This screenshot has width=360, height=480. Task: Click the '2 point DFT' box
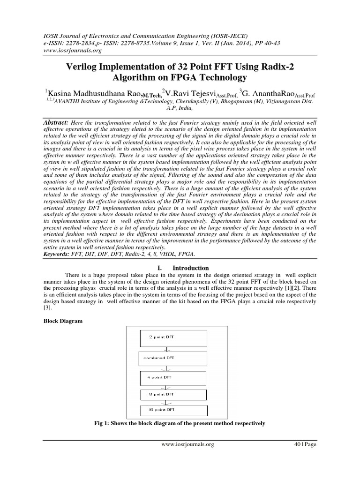click(x=173, y=337)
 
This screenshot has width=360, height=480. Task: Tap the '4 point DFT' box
click(x=173, y=378)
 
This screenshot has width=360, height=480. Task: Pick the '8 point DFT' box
click(x=173, y=395)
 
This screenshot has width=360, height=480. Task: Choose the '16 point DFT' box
click(x=173, y=410)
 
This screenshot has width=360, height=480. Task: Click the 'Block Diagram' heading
click(x=63, y=321)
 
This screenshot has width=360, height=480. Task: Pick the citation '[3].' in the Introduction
click(x=48, y=308)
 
